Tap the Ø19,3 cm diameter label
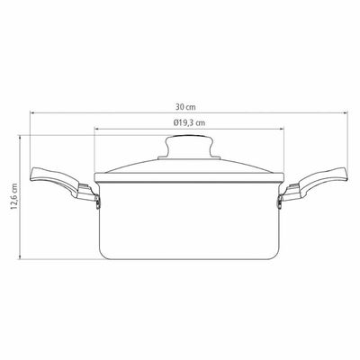click(x=189, y=122)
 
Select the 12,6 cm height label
click(x=14, y=196)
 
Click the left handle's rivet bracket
click(x=97, y=202)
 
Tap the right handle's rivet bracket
click(x=280, y=202)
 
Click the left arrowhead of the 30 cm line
click(x=32, y=113)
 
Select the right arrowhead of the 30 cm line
click(x=346, y=113)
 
